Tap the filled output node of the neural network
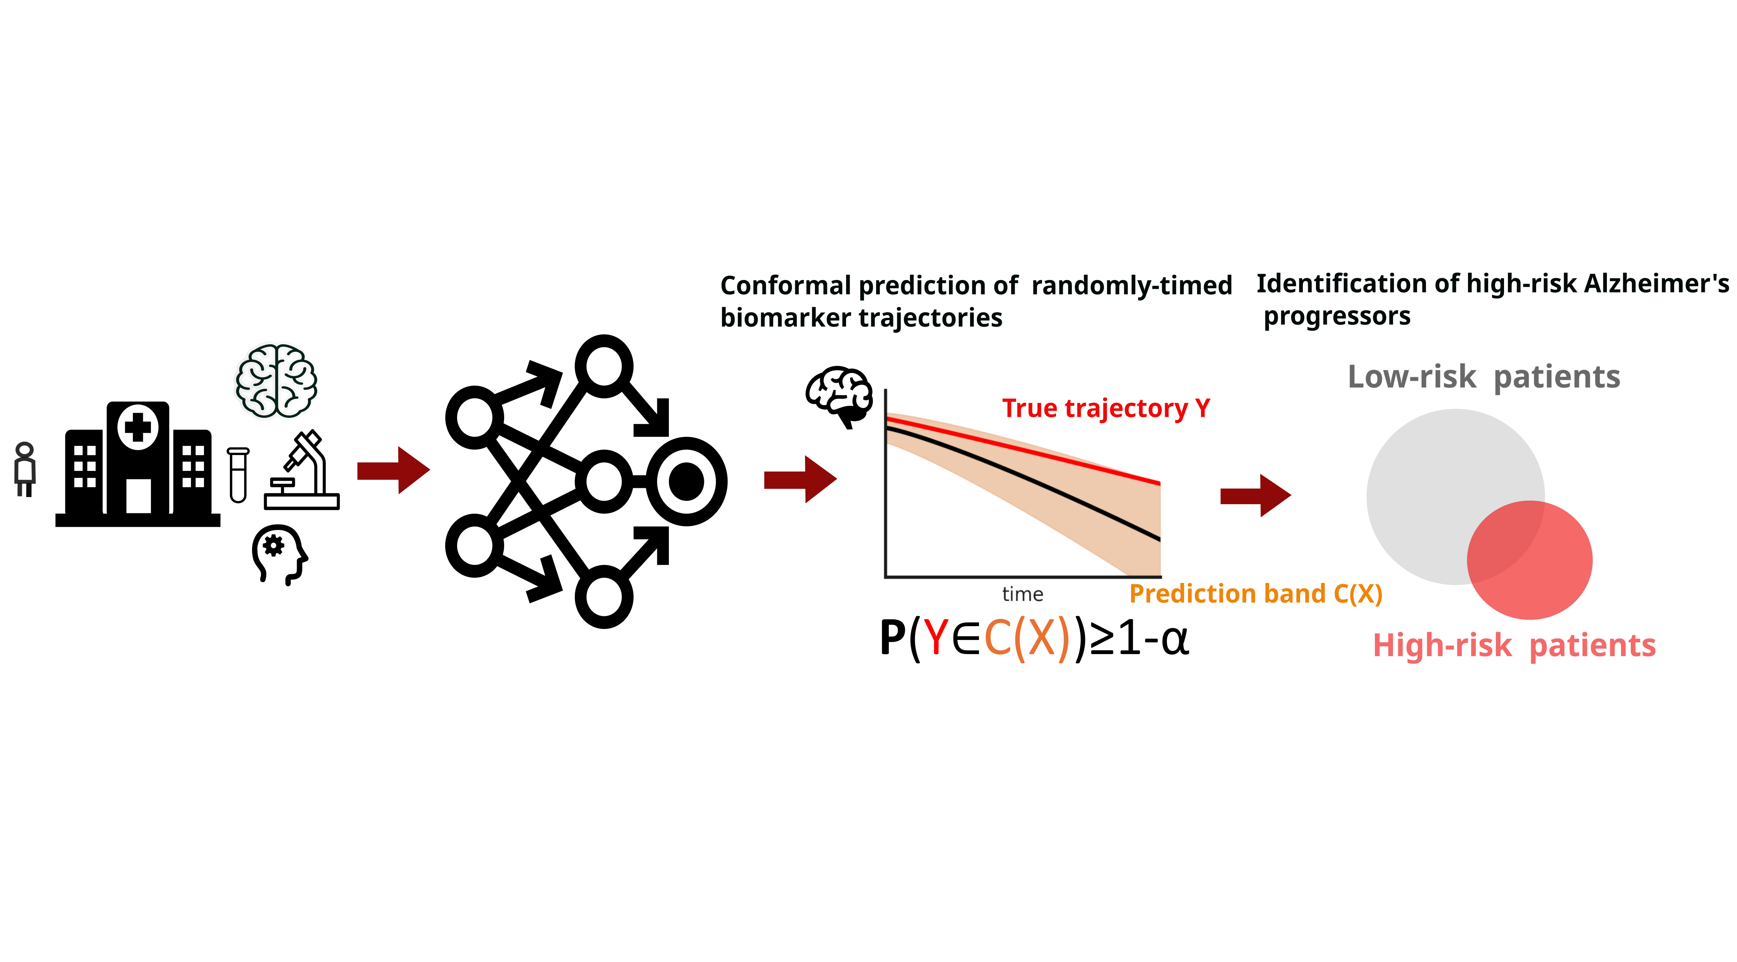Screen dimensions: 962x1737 [x=687, y=481]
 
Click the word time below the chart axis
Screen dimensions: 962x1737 [x=1022, y=594]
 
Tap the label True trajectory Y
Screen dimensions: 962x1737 [x=1106, y=409]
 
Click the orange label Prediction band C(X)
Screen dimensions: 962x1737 [x=1255, y=594]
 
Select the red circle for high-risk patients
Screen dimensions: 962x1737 [x=1544, y=566]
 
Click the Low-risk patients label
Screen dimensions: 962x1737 [x=1484, y=377]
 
